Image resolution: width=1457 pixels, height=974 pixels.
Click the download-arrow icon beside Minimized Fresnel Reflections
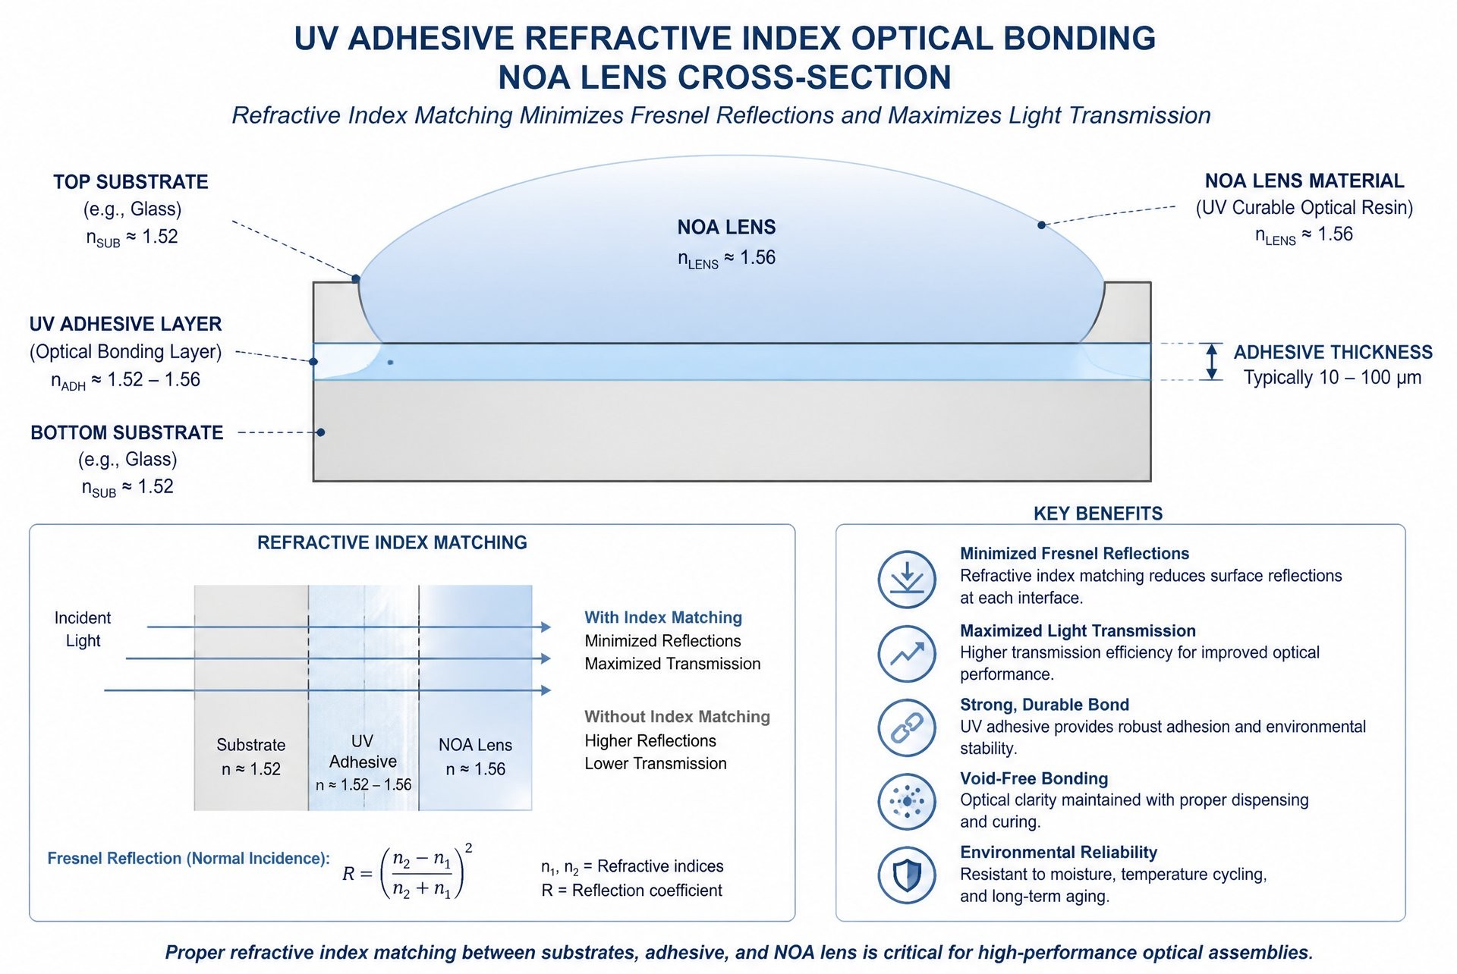(x=907, y=580)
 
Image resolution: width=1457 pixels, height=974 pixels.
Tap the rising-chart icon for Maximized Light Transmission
(x=907, y=654)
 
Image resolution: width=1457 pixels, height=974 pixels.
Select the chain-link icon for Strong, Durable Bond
(x=907, y=727)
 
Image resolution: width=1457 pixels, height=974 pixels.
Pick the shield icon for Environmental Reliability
(x=907, y=875)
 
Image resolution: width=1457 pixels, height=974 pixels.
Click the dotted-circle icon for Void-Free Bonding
(x=907, y=801)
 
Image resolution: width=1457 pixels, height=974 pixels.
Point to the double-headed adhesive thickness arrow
(x=1212, y=361)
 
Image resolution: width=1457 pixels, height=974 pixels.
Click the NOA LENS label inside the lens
(x=726, y=227)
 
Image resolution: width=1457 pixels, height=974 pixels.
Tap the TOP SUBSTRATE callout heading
(x=131, y=182)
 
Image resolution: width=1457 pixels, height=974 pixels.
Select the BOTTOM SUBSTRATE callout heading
(x=127, y=432)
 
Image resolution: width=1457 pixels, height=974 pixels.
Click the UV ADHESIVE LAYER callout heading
(x=125, y=324)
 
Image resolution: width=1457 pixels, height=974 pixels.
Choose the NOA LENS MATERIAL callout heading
(x=1304, y=181)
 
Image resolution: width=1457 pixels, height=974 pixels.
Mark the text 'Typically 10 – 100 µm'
(x=1333, y=378)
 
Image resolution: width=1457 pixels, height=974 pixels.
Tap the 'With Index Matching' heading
(x=663, y=617)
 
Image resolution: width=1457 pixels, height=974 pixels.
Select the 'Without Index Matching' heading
(x=677, y=717)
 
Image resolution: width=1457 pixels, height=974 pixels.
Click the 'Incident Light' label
(x=83, y=629)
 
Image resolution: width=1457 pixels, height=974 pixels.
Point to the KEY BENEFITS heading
(x=1098, y=514)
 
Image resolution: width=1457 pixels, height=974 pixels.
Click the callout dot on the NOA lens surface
(x=1042, y=225)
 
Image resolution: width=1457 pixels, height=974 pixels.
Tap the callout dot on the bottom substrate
(x=321, y=432)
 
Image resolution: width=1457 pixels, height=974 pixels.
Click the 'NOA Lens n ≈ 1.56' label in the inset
(x=475, y=757)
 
